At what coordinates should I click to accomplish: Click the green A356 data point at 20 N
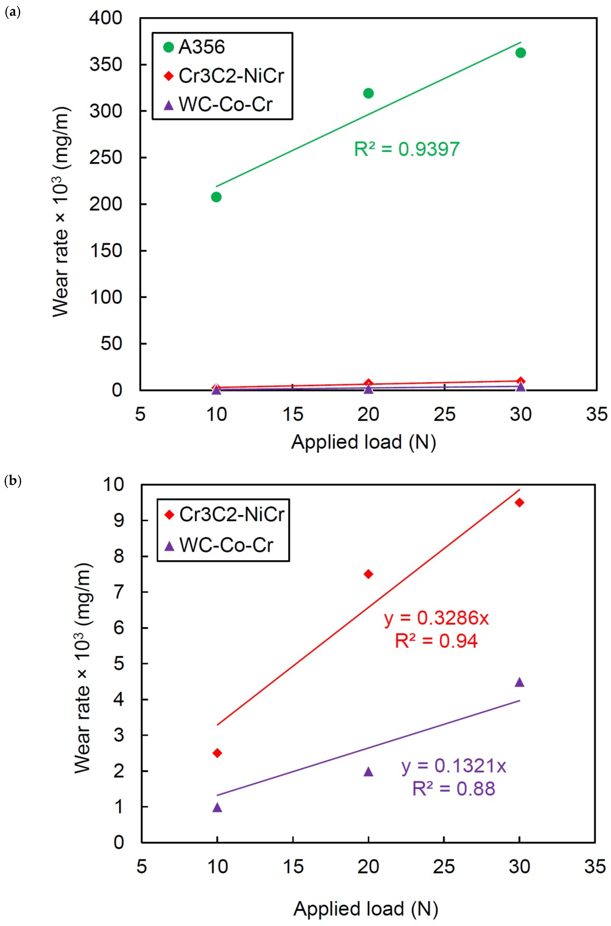pyautogui.click(x=368, y=93)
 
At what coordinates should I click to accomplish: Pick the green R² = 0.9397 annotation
pyautogui.click(x=406, y=149)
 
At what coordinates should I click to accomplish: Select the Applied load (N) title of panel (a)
pyautogui.click(x=363, y=442)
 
